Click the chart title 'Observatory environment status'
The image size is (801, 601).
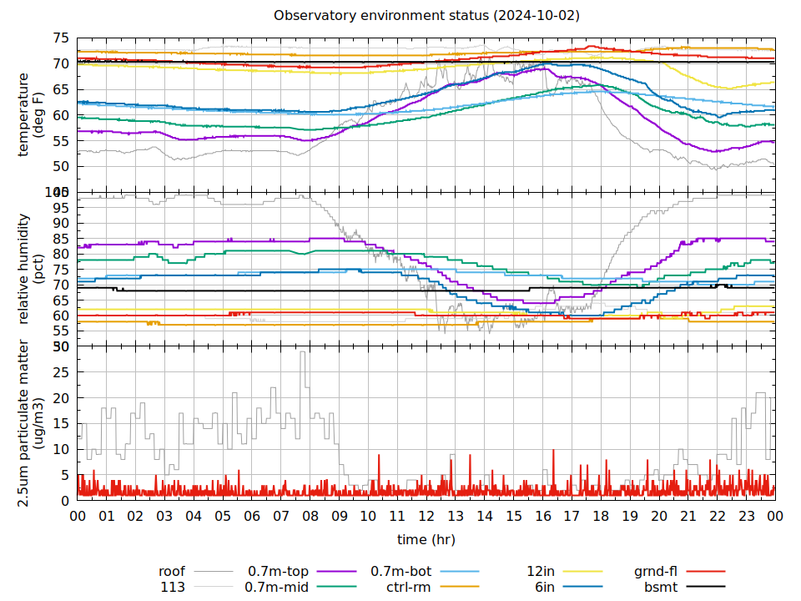coord(426,16)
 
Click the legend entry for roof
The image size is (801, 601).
coord(172,572)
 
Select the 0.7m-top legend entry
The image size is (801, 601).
coord(278,572)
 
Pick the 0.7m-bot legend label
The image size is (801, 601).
coord(400,572)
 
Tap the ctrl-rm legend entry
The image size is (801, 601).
coord(408,587)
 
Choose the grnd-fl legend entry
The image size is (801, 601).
coord(656,572)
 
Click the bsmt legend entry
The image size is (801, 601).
coord(660,587)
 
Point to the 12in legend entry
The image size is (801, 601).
coord(540,572)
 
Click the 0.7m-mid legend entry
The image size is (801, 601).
coord(277,587)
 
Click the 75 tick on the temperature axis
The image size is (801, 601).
coord(61,38)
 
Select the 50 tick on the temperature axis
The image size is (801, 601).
coord(61,166)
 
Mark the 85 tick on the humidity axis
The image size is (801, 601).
coord(61,239)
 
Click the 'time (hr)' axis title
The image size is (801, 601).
coord(426,539)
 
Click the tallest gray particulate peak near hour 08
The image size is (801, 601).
coord(303,352)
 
